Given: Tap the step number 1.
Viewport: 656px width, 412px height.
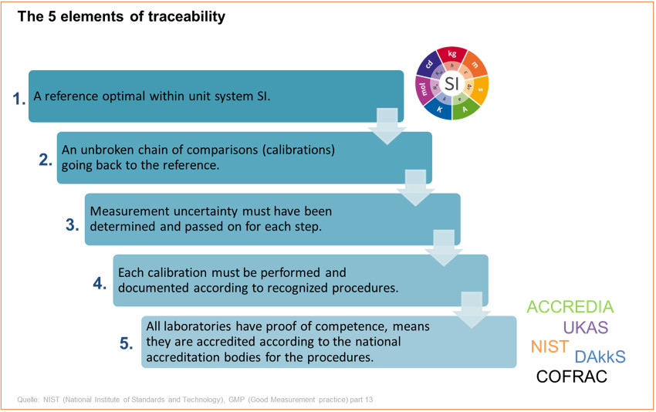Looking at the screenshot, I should [19, 98].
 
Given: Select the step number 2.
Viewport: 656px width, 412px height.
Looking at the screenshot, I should [46, 160].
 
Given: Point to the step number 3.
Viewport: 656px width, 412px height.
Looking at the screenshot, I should [72, 225].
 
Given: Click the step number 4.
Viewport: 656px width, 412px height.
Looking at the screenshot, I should [100, 283].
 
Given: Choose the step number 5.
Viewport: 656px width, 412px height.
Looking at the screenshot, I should [127, 344].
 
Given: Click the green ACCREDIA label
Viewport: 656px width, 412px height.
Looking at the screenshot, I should [570, 307].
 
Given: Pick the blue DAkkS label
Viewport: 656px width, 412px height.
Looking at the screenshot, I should [600, 356].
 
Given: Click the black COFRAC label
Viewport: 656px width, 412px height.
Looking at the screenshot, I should [571, 377].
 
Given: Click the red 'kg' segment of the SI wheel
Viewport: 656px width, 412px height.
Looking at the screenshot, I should [452, 55].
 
